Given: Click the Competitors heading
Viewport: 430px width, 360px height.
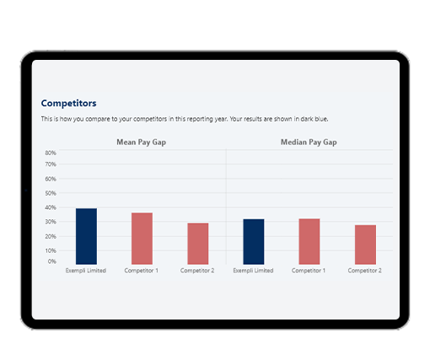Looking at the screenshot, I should [x=68, y=103].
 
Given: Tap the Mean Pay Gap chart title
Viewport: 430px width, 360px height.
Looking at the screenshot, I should [x=141, y=142].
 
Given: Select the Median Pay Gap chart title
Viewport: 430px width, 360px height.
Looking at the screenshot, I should [x=309, y=142].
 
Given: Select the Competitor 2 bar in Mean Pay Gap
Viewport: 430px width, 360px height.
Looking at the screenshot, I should [x=197, y=244].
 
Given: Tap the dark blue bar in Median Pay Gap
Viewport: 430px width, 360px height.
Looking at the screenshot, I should [x=253, y=241].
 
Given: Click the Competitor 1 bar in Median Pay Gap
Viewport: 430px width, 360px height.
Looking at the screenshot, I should [x=309, y=241].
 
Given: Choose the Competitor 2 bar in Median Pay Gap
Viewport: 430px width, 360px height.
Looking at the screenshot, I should [x=364, y=244].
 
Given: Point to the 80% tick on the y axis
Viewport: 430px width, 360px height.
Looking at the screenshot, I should [x=50, y=153].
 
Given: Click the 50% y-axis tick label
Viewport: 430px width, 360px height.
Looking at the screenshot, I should [x=50, y=193].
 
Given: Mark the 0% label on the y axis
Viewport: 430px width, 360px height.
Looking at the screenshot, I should [x=51, y=261].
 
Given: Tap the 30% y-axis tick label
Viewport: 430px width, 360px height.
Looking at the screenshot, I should [x=50, y=221].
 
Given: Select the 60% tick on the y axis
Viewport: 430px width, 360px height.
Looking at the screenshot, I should [x=50, y=180].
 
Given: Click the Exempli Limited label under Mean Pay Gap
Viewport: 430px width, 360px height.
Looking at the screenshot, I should [x=86, y=271].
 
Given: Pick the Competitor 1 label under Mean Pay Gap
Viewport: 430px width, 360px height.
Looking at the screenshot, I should [x=142, y=271].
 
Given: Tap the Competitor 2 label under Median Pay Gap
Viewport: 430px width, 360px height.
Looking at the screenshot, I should [x=364, y=271].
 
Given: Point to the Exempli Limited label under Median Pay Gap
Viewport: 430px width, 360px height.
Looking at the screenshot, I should [x=253, y=271].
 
